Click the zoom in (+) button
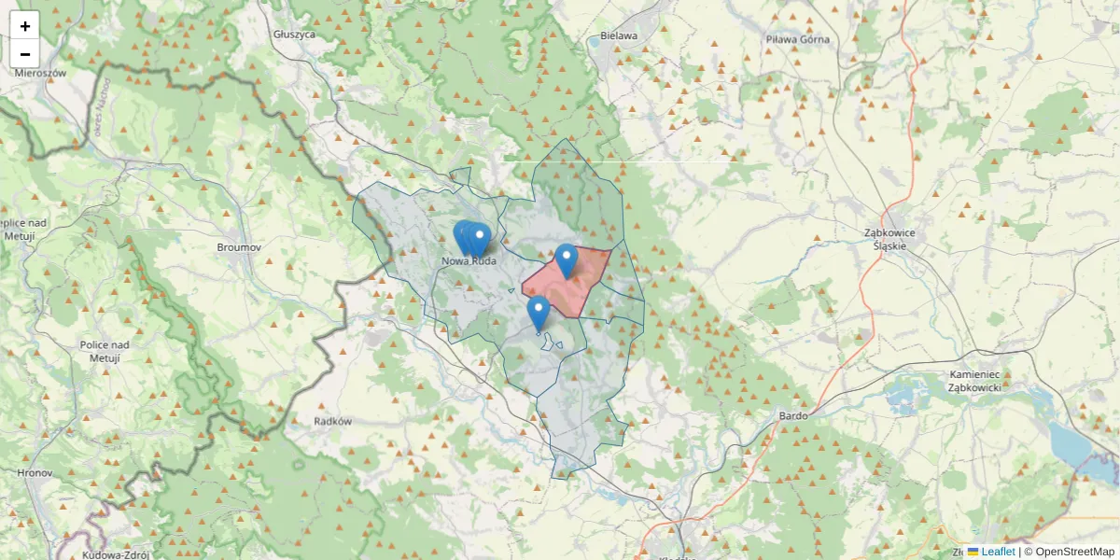coord(25,26)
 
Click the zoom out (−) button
coord(25,54)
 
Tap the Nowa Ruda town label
coord(469,262)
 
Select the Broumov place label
coord(238,247)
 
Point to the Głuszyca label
coord(295,34)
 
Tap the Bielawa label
coord(619,36)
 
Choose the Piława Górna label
coord(797,39)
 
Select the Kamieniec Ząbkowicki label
coord(974,381)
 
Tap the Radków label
coord(333,421)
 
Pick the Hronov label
coord(35,473)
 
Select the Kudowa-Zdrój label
coord(115,554)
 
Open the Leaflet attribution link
coord(998,552)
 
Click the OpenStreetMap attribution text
coord(1074,552)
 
